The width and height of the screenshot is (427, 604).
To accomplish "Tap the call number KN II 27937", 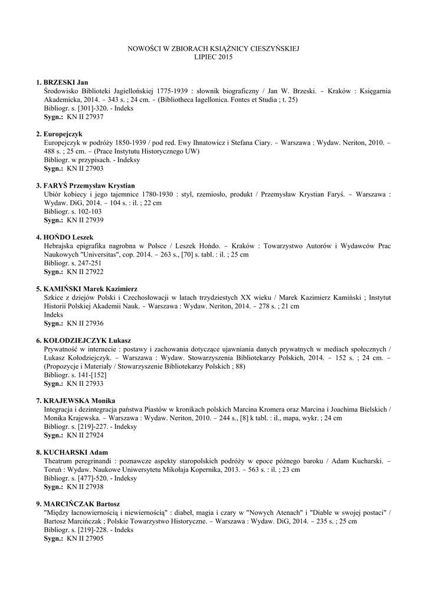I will point(85,117).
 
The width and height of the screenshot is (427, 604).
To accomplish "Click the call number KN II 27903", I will point(85,169).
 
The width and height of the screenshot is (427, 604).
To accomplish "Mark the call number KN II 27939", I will point(85,220).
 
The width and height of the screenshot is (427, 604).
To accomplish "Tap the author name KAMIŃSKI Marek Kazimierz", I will point(90,289).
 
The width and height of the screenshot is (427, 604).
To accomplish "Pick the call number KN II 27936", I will point(85,324).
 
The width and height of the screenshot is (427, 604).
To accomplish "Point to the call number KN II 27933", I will point(85,384).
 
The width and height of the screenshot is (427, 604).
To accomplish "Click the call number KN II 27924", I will point(85,435).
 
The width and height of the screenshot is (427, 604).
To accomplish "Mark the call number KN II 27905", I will point(85,539).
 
